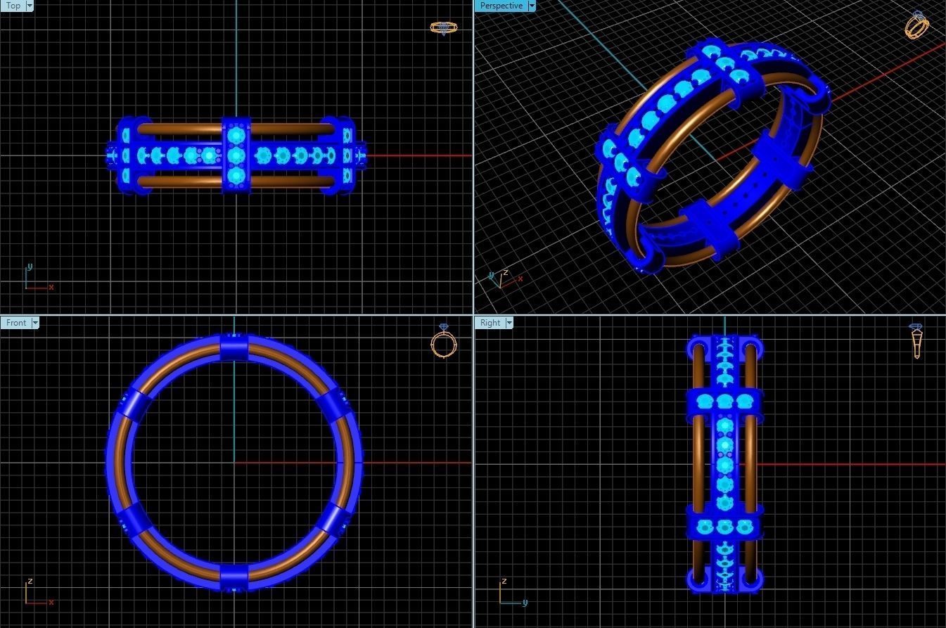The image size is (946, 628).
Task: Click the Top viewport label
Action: [x=13, y=6]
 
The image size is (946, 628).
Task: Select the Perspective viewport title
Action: [x=501, y=6]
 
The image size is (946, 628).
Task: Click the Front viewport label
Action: [x=15, y=323]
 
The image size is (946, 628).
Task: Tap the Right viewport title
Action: [x=490, y=323]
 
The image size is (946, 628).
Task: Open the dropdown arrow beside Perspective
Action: [x=532, y=6]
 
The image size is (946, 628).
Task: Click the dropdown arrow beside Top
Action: [x=30, y=6]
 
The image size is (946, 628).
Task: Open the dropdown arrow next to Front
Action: [x=35, y=323]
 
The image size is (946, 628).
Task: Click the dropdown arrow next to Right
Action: [x=509, y=323]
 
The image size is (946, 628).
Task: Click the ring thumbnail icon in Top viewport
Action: [x=443, y=28]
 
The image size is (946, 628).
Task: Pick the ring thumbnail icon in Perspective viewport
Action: [x=917, y=25]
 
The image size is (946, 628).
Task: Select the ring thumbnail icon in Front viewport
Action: [x=443, y=342]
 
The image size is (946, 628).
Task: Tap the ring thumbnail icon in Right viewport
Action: [x=916, y=341]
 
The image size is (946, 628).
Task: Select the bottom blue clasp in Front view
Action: [x=234, y=577]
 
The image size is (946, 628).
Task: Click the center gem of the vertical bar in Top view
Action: [x=236, y=155]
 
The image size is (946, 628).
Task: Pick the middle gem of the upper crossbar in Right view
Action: [x=725, y=402]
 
